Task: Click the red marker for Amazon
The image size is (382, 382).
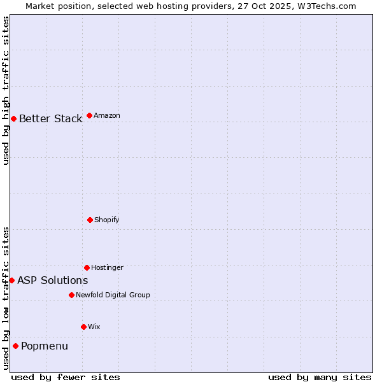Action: pyautogui.click(x=89, y=115)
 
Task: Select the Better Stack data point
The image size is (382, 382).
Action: pyautogui.click(x=13, y=118)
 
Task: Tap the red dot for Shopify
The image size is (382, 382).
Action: pyautogui.click(x=90, y=220)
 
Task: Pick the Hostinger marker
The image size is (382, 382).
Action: pyautogui.click(x=87, y=267)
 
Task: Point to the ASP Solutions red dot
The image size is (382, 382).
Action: pyautogui.click(x=11, y=280)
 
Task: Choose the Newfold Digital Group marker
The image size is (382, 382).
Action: pyautogui.click(x=71, y=295)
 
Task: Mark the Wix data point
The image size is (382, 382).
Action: pyautogui.click(x=83, y=327)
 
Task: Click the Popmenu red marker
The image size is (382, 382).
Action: pyautogui.click(x=15, y=346)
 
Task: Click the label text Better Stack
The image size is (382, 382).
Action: pyautogui.click(x=50, y=118)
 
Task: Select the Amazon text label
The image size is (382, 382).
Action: pyautogui.click(x=107, y=115)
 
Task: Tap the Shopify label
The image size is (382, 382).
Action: pyautogui.click(x=107, y=220)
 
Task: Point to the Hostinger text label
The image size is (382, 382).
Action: pyautogui.click(x=107, y=267)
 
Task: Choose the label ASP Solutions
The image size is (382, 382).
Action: pyautogui.click(x=52, y=280)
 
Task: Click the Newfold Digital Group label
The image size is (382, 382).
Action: pyautogui.click(x=113, y=295)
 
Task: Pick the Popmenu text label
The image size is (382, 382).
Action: pyautogui.click(x=45, y=346)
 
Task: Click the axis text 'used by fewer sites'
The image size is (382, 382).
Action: pyautogui.click(x=66, y=377)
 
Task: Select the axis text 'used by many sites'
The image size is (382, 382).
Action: pyautogui.click(x=320, y=377)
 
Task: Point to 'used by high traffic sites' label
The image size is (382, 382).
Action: pyautogui.click(x=6, y=90)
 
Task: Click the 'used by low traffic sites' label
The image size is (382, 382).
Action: pyautogui.click(x=6, y=298)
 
